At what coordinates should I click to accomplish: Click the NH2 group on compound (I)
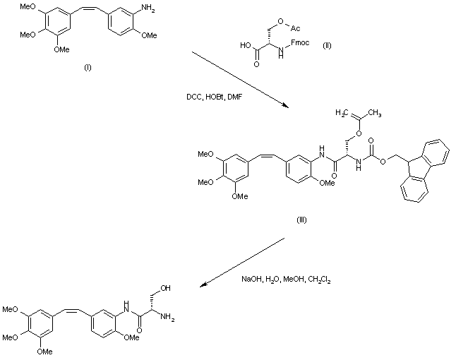pyautogui.click(x=159, y=8)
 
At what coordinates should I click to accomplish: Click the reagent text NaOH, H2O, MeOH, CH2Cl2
pyautogui.click(x=287, y=280)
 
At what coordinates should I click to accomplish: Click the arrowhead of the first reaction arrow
pyautogui.click(x=285, y=106)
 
